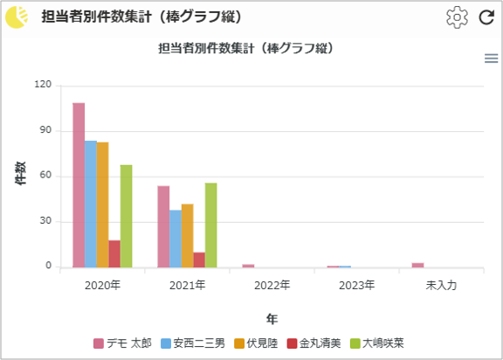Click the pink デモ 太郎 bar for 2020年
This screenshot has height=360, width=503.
click(x=79, y=185)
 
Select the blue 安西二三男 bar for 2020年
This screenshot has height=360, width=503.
click(x=91, y=204)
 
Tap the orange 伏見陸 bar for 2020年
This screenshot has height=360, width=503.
click(x=103, y=204)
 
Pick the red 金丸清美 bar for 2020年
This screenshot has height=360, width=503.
click(x=114, y=253)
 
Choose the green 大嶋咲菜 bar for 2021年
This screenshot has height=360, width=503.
click(x=211, y=225)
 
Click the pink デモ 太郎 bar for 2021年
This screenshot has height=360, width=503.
click(x=163, y=226)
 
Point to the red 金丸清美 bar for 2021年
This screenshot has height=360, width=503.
click(x=199, y=260)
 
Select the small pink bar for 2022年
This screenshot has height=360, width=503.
click(x=248, y=266)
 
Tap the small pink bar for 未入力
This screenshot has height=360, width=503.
click(x=417, y=265)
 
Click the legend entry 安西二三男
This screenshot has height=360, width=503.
click(x=193, y=343)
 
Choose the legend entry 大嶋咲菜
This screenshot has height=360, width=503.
click(x=377, y=343)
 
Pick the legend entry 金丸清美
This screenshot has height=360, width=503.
click(x=314, y=343)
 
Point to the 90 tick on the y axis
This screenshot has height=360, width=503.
click(x=45, y=130)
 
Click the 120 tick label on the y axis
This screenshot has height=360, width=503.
click(x=43, y=85)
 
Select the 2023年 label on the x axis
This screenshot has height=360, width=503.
click(x=356, y=285)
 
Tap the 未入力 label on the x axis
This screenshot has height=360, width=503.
click(x=441, y=285)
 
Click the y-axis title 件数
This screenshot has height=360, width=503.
click(x=20, y=173)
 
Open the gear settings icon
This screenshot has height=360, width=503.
click(x=457, y=17)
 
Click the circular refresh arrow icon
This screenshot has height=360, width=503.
click(x=486, y=17)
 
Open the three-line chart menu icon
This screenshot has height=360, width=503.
click(x=491, y=59)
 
